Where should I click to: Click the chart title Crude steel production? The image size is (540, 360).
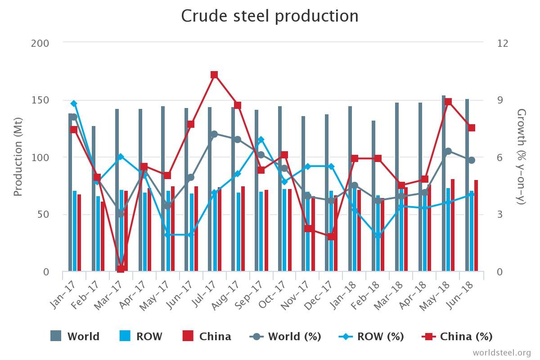coord(270,16)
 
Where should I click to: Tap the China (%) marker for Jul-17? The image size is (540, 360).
coord(214,75)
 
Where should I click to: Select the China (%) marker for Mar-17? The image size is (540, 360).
coord(121,269)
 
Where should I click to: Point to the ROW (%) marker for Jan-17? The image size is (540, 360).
coord(74,103)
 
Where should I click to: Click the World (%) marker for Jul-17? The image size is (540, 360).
coord(214,134)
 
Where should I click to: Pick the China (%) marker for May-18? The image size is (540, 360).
coord(448,102)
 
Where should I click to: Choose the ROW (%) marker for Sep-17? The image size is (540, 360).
coord(261,140)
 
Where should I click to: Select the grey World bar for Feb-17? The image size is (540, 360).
coord(94,198)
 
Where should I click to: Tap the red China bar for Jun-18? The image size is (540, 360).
coord(476,225)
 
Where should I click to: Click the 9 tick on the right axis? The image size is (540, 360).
coord(503,100)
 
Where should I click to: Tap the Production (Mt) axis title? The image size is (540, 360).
coord(18,157)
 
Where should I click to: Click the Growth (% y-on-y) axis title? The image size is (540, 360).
coord(521,157)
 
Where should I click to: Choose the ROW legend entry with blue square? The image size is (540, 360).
coord(140,336)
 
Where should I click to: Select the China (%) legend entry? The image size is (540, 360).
coord(457,336)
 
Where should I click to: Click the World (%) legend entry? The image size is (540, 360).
coord(285,336)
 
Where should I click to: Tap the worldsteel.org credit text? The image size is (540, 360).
coord(501,352)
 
